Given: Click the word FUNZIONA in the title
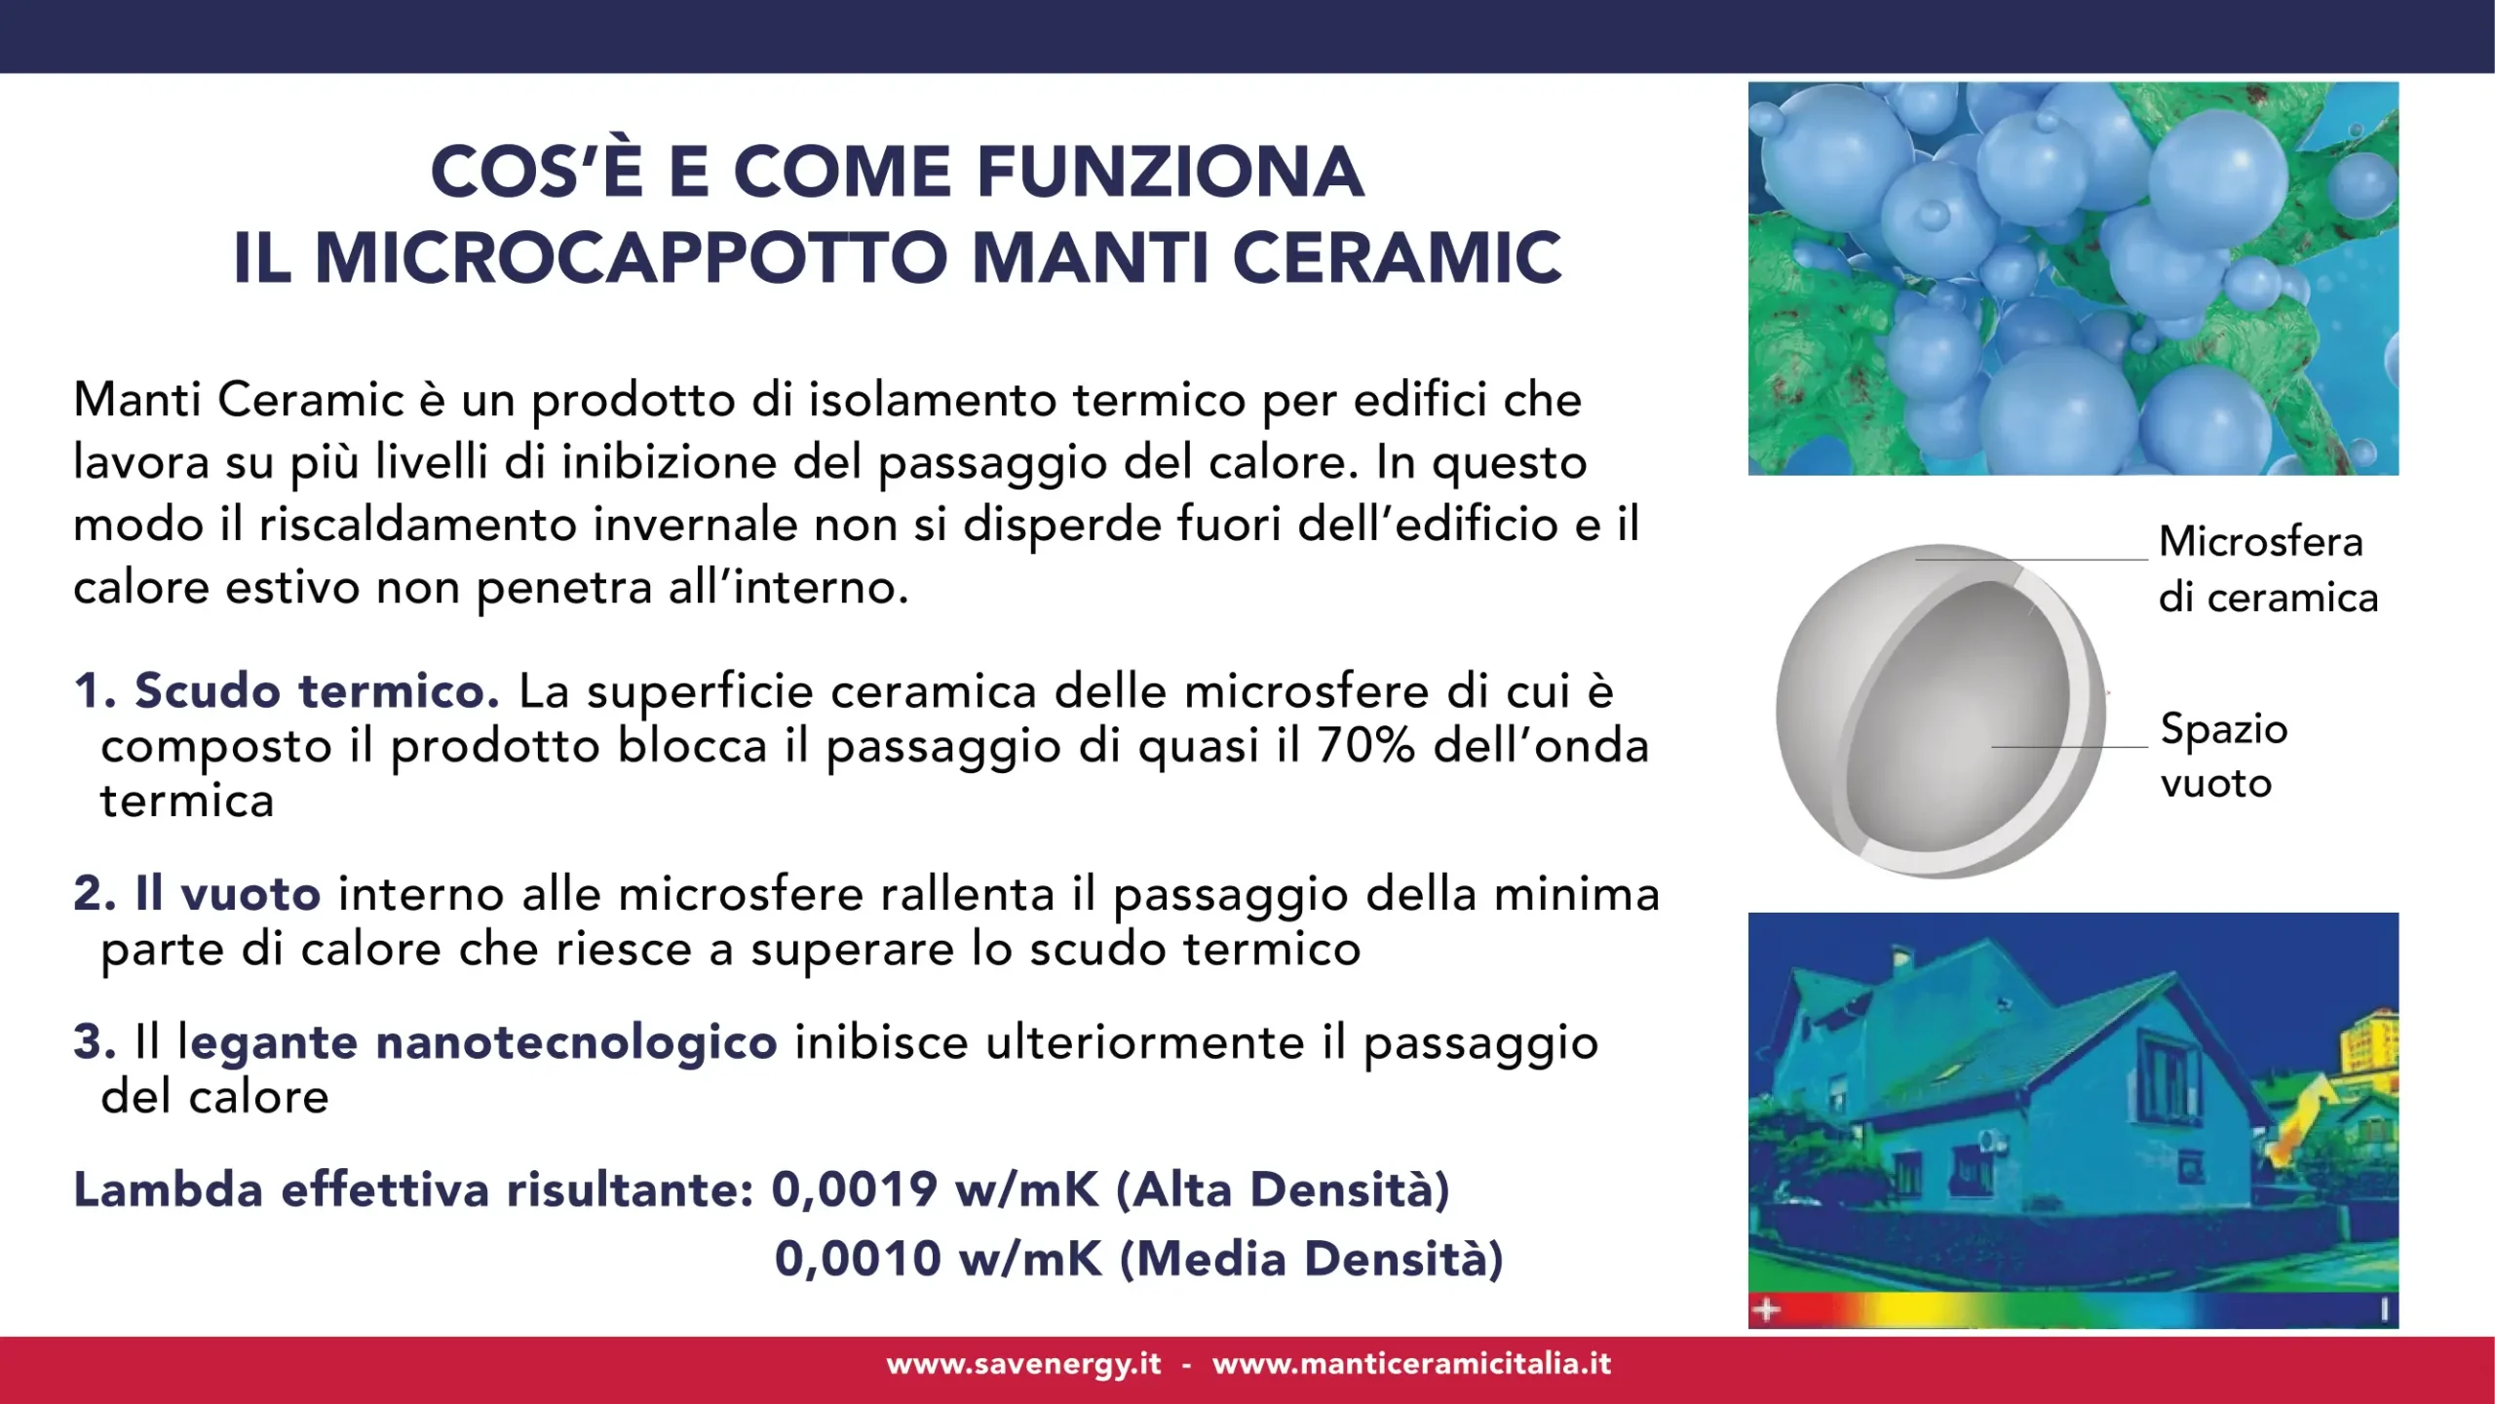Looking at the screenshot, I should pos(1170,172).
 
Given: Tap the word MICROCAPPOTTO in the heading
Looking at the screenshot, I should pos(631,258).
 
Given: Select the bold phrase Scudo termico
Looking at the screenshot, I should pos(317,691).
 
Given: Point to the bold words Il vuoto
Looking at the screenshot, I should pos(228,894).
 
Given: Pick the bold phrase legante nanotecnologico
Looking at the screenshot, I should pos(478,1042).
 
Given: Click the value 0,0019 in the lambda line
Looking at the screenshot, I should pos(855,1189).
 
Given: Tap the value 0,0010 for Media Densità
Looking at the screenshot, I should pos(858,1259).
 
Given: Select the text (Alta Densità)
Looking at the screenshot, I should pos(1283,1189).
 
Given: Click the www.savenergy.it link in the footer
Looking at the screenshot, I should pos(1023,1364).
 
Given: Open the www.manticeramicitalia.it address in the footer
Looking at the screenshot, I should pos(1411,1364).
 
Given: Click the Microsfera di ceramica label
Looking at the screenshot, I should pos(2266,569).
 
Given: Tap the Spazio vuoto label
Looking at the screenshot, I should pos(2223,756).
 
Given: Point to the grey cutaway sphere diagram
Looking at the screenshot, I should pos(1939,712).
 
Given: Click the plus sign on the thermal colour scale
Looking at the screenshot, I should pos(1766,1309).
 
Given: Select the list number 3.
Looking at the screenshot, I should pos(94,1042).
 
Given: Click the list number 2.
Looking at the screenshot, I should pos(94,894).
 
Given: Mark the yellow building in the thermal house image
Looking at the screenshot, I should pos(2370,1043).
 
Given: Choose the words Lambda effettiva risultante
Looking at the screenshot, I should pos(413,1189).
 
